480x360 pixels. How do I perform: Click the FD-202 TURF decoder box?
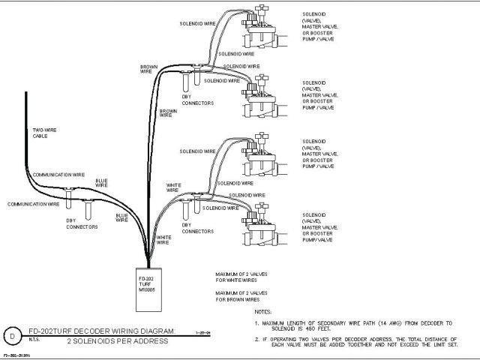pos(150,286)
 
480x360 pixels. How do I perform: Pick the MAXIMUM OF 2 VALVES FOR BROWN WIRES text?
pos(241,296)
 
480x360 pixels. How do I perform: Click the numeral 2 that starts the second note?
pos(256,339)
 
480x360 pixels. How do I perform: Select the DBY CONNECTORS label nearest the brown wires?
pos(199,100)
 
